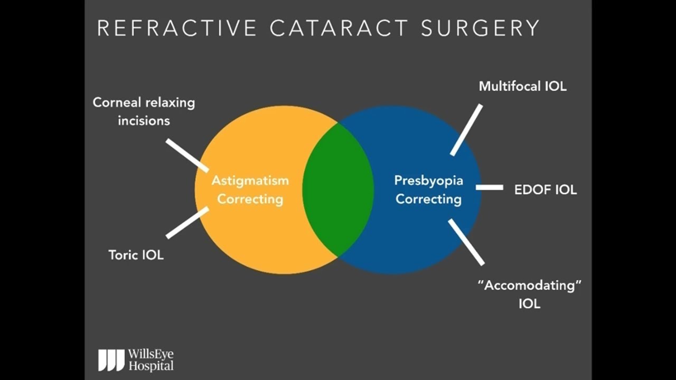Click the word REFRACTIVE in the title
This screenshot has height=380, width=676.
coord(177,27)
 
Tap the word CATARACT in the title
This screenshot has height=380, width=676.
coord(339,27)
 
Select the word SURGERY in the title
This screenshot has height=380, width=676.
coord(480,27)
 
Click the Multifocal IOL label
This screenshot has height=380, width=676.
coord(522,86)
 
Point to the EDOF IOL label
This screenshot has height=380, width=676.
coord(546,189)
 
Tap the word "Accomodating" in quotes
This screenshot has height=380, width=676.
coord(529,286)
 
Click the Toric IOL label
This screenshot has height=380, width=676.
coord(136,255)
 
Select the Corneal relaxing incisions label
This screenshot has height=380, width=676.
coord(144,111)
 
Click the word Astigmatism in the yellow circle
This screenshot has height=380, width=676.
coord(250,180)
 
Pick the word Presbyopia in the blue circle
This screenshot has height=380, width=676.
coord(429,180)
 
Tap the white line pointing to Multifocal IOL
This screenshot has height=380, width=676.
coord(466,130)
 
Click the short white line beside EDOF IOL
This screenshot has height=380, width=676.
coord(489,187)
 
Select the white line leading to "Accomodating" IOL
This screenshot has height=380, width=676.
coord(466,242)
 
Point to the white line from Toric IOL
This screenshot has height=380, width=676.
coord(187,223)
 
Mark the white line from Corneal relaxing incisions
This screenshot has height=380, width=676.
coord(187,155)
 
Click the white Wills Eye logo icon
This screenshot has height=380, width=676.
coord(111,359)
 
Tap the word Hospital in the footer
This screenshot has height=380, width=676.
coord(151,365)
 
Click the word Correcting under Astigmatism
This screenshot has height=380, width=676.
coord(250,199)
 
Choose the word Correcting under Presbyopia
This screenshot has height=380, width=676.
coord(429,199)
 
